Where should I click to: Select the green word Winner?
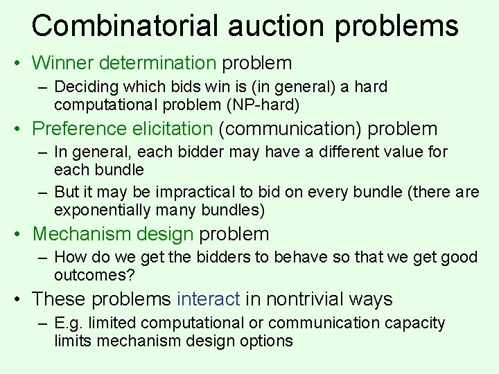click(x=63, y=63)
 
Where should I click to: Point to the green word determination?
click(x=158, y=63)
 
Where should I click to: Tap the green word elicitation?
click(x=169, y=128)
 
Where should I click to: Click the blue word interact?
click(x=209, y=299)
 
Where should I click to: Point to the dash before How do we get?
click(x=43, y=258)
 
